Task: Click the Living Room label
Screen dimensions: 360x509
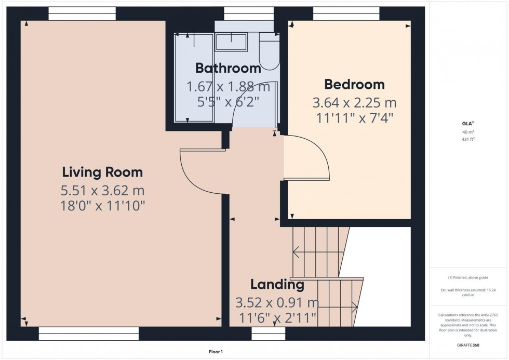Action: [102, 172]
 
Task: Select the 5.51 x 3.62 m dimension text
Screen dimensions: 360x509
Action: [102, 190]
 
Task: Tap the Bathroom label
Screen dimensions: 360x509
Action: [228, 68]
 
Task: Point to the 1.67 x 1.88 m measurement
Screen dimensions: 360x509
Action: [228, 86]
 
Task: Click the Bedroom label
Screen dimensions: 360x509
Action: [354, 84]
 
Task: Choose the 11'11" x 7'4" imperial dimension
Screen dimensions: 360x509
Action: [354, 118]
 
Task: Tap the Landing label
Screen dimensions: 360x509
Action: [277, 284]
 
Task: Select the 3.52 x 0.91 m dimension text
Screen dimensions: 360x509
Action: [277, 302]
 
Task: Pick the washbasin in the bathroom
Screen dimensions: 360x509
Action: [231, 42]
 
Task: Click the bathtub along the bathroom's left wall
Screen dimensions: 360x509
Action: [194, 77]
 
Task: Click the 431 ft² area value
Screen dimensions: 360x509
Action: [468, 139]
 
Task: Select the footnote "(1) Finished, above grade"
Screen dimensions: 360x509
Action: [468, 277]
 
